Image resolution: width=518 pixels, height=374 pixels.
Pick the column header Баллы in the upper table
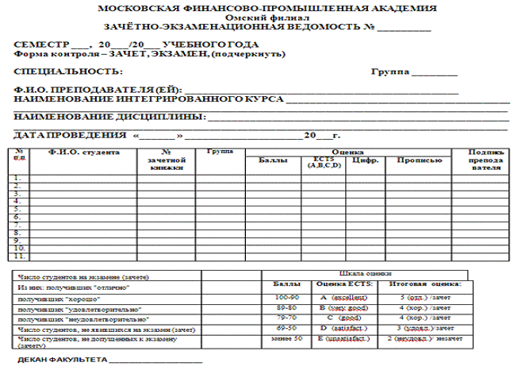pos(274,159)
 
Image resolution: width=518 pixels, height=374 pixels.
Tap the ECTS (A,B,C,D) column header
pos(324,162)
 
